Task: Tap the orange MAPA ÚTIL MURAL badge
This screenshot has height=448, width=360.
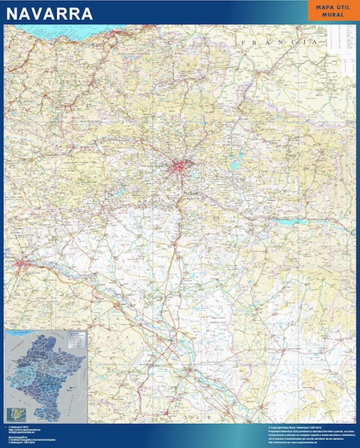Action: click(x=328, y=12)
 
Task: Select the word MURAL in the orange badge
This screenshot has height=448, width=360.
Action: click(x=328, y=16)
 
